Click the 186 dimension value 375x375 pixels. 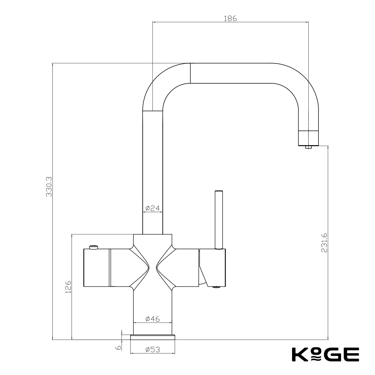pyautogui.click(x=230, y=19)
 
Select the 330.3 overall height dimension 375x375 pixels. pyautogui.click(x=49, y=186)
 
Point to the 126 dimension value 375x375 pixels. pyautogui.click(x=68, y=287)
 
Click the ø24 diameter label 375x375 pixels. pyautogui.click(x=152, y=208)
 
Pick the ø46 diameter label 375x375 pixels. pyautogui.click(x=152, y=319)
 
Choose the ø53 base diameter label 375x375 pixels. pyautogui.click(x=152, y=350)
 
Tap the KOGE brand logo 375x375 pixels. pyautogui.click(x=325, y=354)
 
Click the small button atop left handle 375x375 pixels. pyautogui.click(x=93, y=247)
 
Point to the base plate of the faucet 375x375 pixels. pyautogui.click(x=152, y=337)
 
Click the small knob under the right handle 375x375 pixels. pyautogui.click(x=216, y=286)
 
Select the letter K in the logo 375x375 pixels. pyautogui.click(x=299, y=355)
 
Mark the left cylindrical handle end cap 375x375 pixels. pyautogui.click(x=97, y=268)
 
